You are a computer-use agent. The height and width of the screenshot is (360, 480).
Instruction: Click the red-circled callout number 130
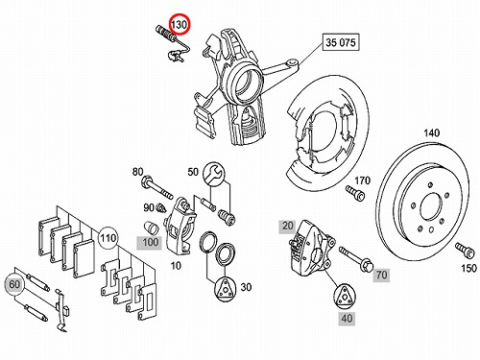[180, 24]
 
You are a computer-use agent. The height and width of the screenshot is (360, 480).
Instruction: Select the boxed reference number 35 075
[341, 42]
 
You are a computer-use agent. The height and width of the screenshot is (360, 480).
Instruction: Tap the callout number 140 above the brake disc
[432, 132]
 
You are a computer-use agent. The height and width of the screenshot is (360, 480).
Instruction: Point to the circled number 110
[108, 238]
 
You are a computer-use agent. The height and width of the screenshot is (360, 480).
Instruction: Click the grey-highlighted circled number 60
[14, 284]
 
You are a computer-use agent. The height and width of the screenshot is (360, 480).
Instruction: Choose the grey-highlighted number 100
[150, 242]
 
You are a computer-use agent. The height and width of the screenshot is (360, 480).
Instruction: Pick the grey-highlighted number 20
[287, 227]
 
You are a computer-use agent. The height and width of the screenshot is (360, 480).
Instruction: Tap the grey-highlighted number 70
[381, 275]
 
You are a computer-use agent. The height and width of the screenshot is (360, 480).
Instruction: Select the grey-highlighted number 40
[347, 319]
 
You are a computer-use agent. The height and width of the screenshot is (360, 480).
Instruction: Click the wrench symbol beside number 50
[214, 173]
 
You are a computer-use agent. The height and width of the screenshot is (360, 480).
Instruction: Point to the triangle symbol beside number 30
[225, 289]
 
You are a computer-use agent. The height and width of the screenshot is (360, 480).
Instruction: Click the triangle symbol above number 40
[345, 296]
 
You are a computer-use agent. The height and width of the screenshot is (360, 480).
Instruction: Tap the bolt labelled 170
[355, 193]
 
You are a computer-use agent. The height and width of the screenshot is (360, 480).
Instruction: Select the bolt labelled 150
[465, 251]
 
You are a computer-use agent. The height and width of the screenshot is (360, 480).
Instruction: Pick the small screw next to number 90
[161, 208]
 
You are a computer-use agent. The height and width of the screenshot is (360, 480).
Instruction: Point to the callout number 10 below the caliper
[176, 266]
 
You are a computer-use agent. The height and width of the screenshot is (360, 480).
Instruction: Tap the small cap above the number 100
[151, 228]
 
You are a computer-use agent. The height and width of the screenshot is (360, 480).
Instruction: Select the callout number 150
[469, 268]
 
